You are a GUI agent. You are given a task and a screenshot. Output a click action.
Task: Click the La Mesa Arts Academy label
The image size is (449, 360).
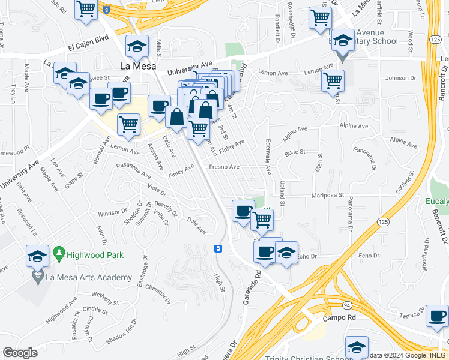[x=88, y=277]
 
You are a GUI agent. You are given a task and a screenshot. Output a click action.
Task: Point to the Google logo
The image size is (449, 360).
[x=20, y=353]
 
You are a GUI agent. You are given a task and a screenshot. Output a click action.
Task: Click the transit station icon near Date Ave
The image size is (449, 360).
[x=218, y=248]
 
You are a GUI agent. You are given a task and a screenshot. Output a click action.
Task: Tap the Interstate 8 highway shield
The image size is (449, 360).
[x=106, y=10]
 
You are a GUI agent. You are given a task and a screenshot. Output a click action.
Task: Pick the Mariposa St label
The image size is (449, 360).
[x=327, y=195]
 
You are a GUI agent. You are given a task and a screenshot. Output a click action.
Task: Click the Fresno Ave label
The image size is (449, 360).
[x=224, y=167]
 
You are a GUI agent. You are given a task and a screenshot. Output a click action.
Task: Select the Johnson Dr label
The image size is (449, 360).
[x=400, y=78]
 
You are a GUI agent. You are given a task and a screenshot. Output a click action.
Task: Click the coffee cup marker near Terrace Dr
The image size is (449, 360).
[x=437, y=316]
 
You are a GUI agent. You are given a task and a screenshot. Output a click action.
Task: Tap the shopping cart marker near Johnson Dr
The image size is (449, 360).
[x=333, y=80]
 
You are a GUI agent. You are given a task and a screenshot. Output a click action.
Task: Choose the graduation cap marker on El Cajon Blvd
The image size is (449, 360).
[x=137, y=46]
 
